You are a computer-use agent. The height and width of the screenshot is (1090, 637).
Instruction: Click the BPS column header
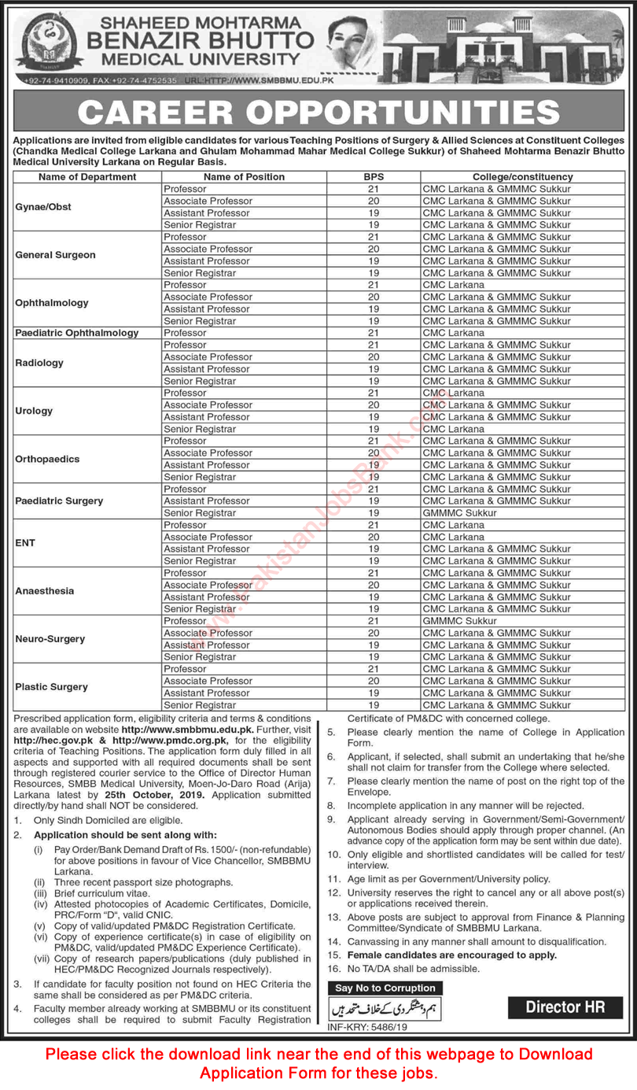(x=374, y=177)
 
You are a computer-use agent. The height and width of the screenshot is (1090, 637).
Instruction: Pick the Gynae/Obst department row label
(x=43, y=207)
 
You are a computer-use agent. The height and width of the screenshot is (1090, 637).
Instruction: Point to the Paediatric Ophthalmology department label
(x=77, y=333)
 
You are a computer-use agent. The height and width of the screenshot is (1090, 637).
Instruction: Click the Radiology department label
(x=39, y=363)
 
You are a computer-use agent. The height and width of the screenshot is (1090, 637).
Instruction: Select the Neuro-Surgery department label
(x=50, y=639)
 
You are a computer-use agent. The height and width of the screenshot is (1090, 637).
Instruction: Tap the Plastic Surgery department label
(x=52, y=687)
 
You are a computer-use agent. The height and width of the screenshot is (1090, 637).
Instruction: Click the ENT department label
(x=25, y=543)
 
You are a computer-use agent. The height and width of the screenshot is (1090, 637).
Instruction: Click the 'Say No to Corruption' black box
(x=385, y=988)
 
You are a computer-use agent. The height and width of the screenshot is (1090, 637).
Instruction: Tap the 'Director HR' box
(x=565, y=1007)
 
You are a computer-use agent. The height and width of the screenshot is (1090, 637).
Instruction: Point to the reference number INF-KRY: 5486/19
(x=366, y=1028)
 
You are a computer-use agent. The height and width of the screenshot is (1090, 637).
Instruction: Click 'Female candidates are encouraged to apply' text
(x=452, y=955)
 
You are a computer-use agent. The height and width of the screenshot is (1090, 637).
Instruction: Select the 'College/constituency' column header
(x=522, y=177)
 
